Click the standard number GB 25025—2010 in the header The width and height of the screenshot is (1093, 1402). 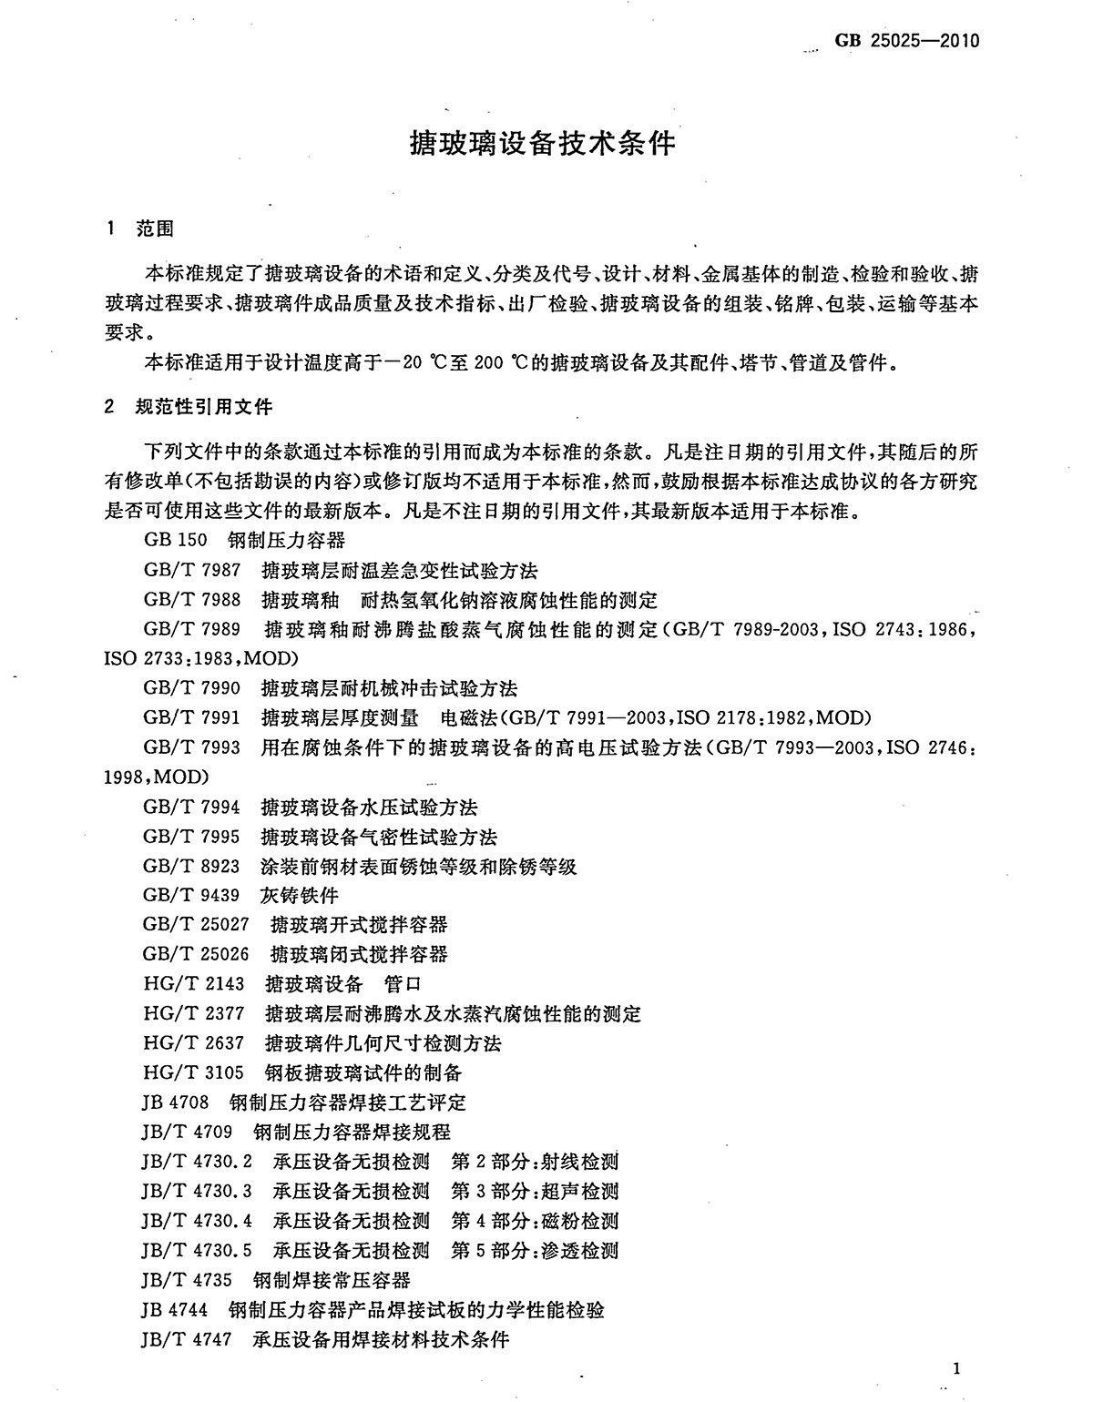coord(906,41)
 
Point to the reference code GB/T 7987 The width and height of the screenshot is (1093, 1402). coord(192,571)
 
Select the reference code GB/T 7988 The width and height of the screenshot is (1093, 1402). coord(192,600)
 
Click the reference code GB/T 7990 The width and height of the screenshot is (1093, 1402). coord(192,688)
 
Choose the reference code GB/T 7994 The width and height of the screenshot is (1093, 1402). coord(192,807)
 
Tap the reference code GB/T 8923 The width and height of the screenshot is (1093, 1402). coord(192,866)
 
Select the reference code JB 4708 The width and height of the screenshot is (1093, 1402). coord(176,1102)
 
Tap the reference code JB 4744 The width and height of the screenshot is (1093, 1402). coord(175,1309)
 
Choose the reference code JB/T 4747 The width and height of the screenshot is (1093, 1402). coord(188,1339)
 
